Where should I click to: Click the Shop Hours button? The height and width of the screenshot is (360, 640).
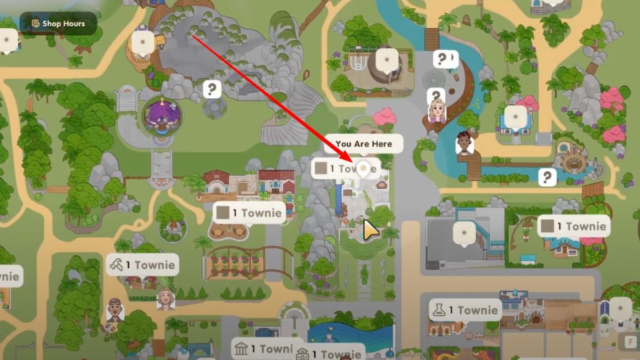[x=58, y=23]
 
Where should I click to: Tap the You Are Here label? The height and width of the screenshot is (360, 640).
[x=363, y=144]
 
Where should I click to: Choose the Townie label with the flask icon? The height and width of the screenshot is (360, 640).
[x=465, y=310]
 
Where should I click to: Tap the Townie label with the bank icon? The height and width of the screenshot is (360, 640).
[x=265, y=349]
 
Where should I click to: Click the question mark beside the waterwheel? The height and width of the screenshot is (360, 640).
[x=547, y=177]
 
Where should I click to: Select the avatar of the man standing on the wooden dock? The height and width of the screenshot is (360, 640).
[x=465, y=143]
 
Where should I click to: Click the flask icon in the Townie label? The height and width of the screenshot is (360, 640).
[x=439, y=310]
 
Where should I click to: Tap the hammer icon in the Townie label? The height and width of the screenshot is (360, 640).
[x=116, y=265]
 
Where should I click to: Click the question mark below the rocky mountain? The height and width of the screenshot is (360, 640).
[x=212, y=89]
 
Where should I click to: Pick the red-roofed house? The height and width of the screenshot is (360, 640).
[x=276, y=182]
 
